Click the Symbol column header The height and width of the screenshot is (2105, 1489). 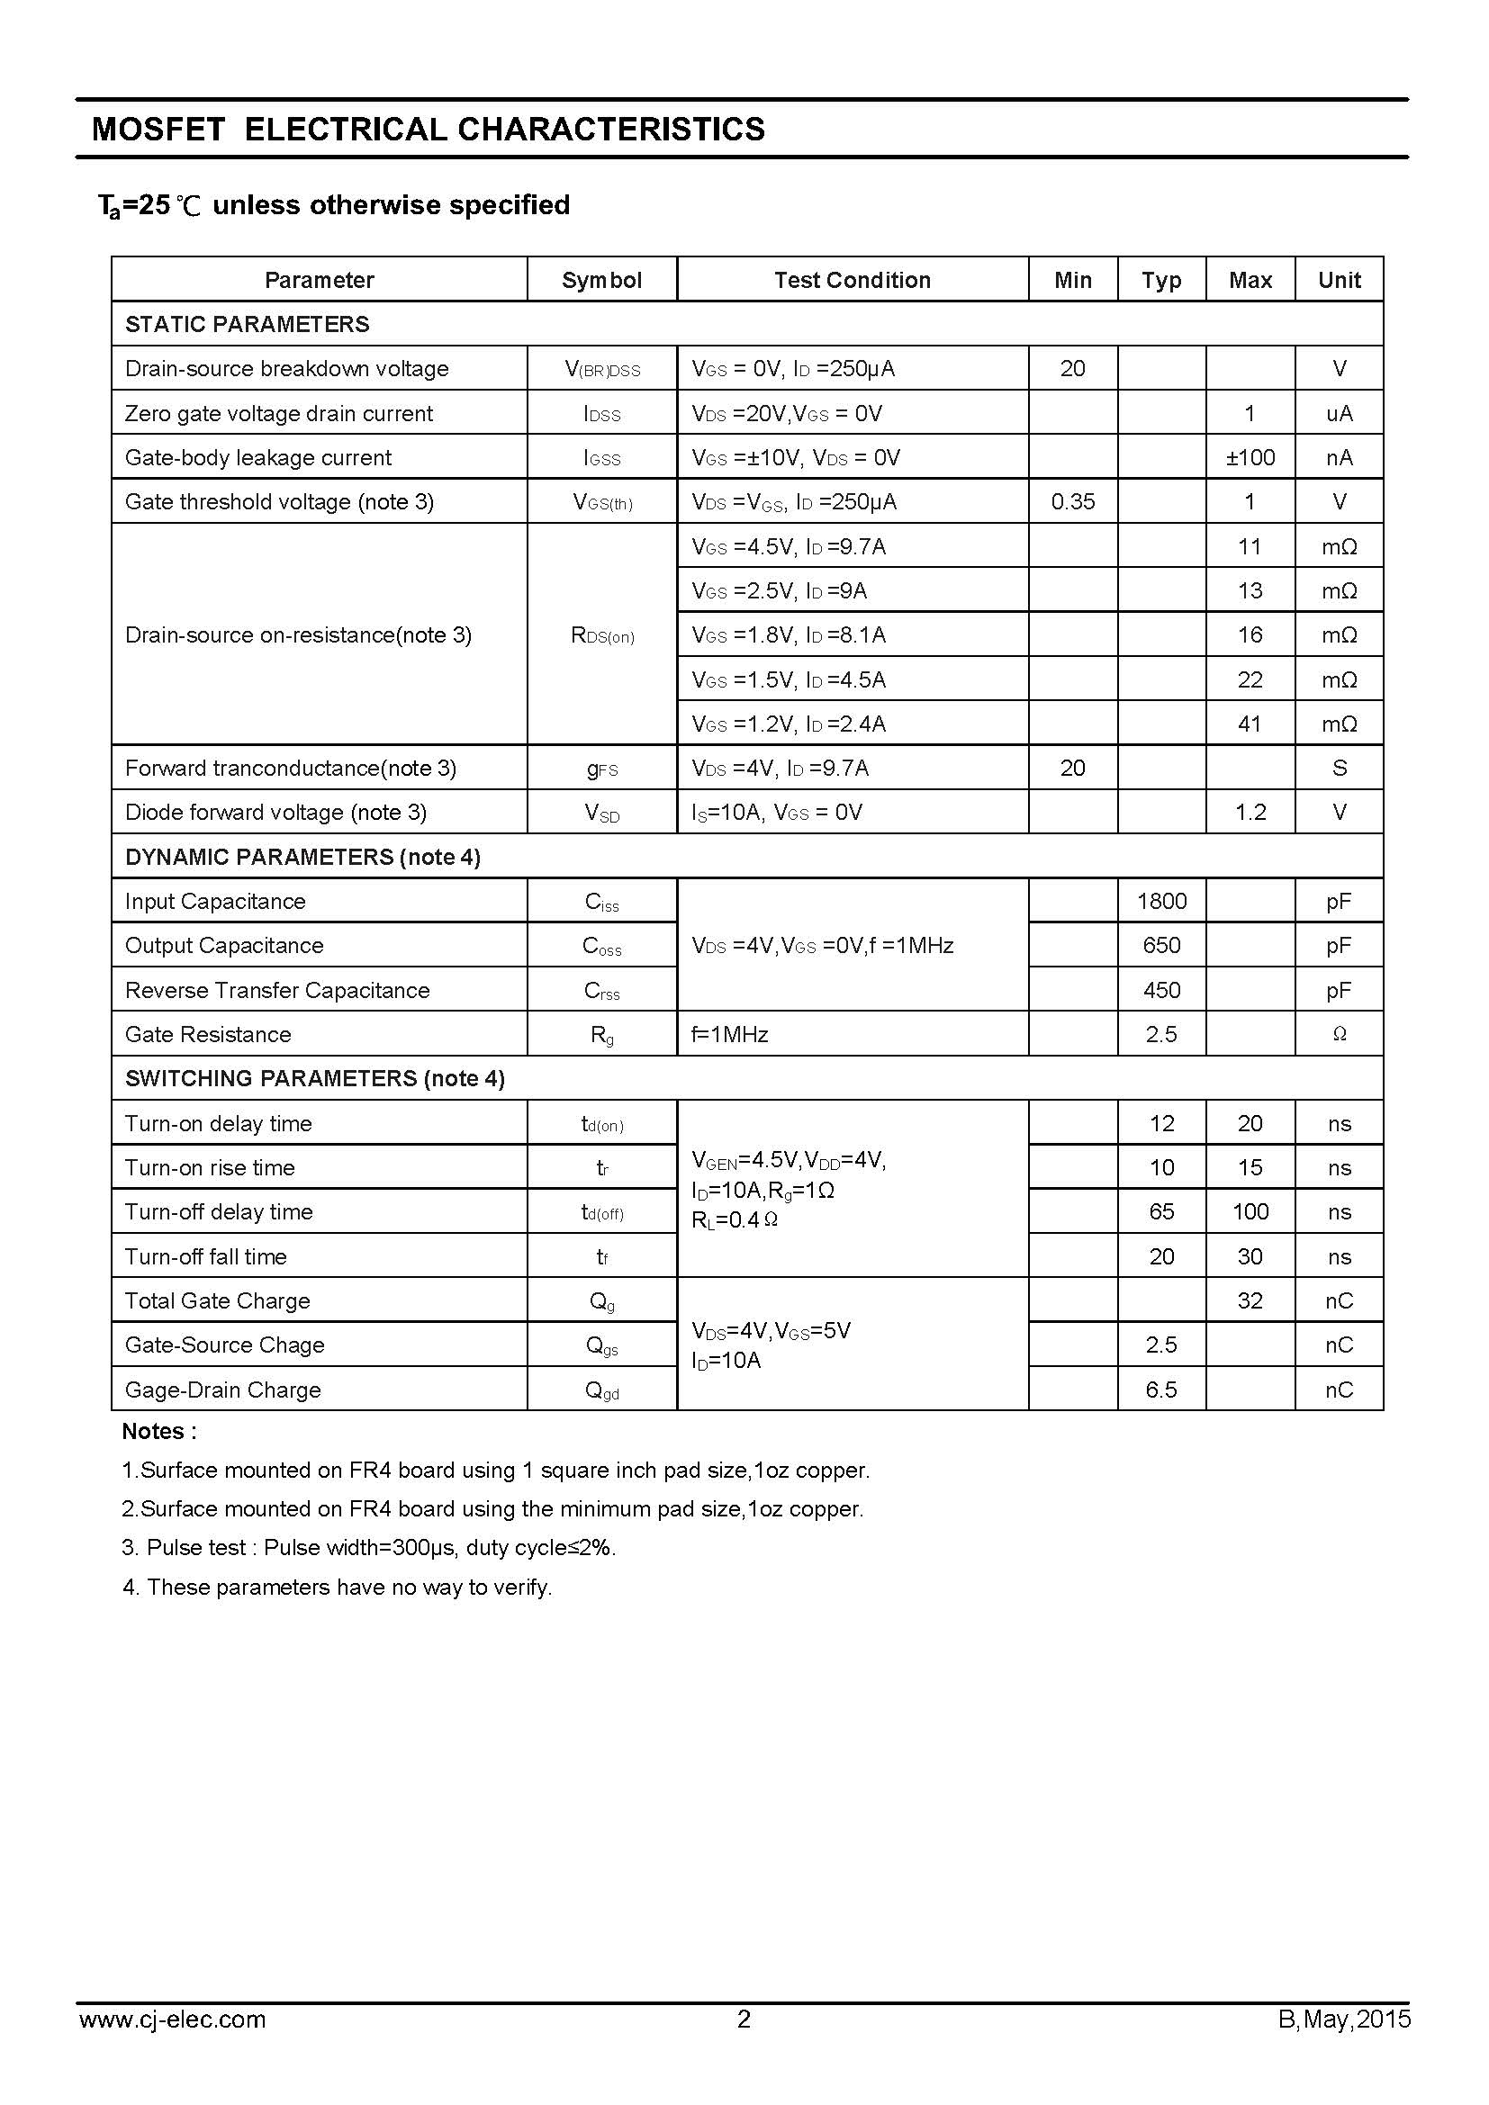[x=601, y=280]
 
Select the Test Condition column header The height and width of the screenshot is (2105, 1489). [x=852, y=280]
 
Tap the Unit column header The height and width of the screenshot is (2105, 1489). [x=1339, y=280]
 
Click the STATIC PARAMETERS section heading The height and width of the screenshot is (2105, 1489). [x=247, y=324]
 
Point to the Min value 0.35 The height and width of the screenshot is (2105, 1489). [x=1073, y=501]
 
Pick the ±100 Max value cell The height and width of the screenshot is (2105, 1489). [x=1250, y=457]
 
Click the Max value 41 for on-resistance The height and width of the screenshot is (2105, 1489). [x=1250, y=724]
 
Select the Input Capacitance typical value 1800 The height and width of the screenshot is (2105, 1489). [x=1160, y=901]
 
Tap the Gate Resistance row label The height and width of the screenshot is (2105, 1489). [x=208, y=1034]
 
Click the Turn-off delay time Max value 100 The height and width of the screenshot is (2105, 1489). [x=1250, y=1211]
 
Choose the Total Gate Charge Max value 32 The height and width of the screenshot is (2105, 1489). [x=1250, y=1300]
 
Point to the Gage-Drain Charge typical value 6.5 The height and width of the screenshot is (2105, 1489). [x=1160, y=1389]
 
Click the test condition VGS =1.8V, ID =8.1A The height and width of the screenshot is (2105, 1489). [x=789, y=634]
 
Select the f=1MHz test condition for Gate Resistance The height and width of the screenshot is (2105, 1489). [x=730, y=1034]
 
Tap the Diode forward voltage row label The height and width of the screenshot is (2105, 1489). [x=276, y=813]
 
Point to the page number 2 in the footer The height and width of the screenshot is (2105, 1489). [x=744, y=2045]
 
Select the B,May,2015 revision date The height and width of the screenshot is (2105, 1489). [x=1344, y=2045]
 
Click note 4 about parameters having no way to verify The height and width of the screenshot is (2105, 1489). [x=338, y=1587]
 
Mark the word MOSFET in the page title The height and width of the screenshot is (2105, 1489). [x=158, y=130]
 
